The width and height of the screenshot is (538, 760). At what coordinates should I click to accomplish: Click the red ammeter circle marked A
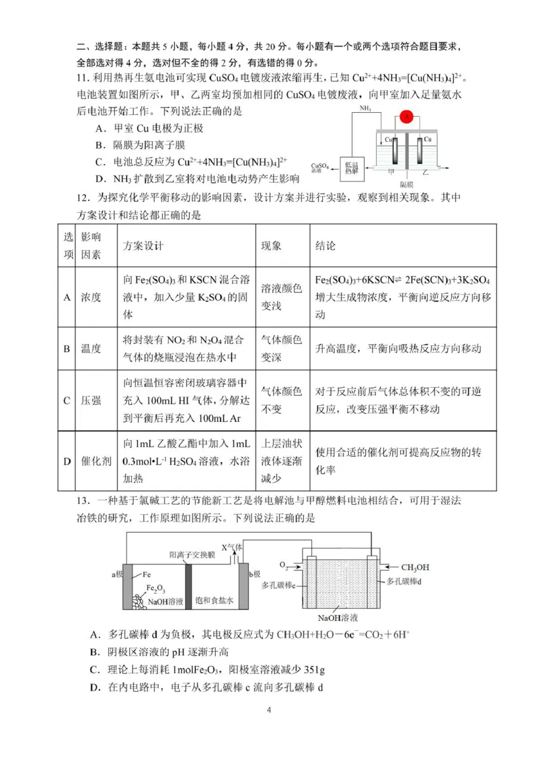tap(407, 117)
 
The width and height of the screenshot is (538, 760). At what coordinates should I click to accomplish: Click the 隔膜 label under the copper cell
tap(407, 183)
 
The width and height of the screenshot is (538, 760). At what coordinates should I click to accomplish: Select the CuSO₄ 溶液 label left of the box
tap(320, 168)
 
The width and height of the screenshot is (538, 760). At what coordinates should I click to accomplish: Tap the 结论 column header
tap(325, 246)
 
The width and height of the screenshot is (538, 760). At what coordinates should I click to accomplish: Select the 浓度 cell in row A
tap(91, 297)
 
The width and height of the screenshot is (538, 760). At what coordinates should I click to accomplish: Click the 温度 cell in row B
tap(91, 348)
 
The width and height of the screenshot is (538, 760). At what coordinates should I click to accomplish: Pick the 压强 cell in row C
tap(91, 400)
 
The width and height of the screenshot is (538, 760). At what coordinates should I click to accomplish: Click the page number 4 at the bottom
tap(269, 710)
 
